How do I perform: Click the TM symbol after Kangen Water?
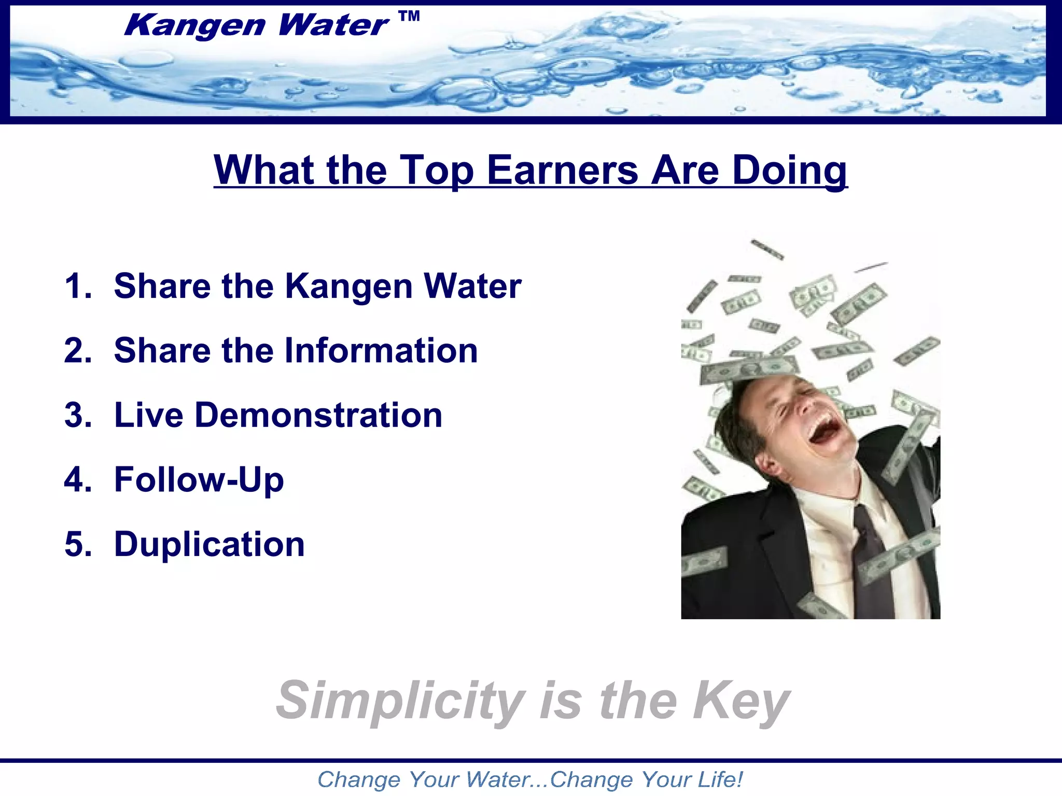click(410, 17)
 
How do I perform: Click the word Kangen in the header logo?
click(195, 26)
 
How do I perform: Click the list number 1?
click(78, 286)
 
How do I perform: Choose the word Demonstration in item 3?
click(318, 416)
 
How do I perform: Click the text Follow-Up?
click(199, 480)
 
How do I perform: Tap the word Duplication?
click(209, 545)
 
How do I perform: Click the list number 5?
click(78, 545)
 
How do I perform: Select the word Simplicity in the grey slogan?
click(400, 701)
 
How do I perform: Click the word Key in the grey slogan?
click(742, 701)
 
